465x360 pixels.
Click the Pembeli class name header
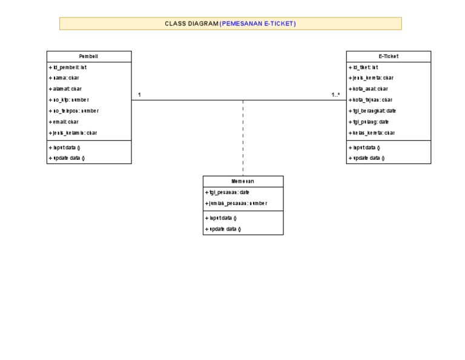point(88,56)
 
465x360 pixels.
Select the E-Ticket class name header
point(388,56)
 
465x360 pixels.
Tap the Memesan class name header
point(243,181)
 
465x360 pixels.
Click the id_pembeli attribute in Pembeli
point(68,68)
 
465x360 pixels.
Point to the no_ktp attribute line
point(68,100)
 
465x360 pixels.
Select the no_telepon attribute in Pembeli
point(73,111)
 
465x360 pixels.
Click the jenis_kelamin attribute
point(73,133)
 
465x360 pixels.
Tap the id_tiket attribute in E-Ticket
point(363,68)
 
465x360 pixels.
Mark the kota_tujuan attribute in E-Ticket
point(371,100)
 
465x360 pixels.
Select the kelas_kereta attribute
point(371,133)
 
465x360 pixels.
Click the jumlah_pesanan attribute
point(236,203)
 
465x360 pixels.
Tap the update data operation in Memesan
point(223,229)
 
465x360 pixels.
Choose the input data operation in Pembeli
point(66,147)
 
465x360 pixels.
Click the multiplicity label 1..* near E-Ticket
point(335,94)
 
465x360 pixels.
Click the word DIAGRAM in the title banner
point(203,24)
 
